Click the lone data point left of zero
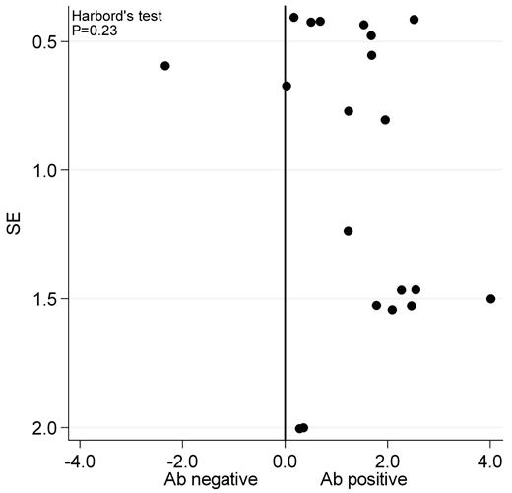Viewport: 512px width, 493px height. click(x=165, y=66)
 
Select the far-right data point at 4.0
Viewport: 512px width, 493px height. click(x=490, y=298)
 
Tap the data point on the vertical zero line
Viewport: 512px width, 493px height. click(x=287, y=86)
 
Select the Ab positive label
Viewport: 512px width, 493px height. click(x=360, y=479)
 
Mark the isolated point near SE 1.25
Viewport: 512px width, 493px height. click(x=348, y=231)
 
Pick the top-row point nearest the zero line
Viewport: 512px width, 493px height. click(x=293, y=18)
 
